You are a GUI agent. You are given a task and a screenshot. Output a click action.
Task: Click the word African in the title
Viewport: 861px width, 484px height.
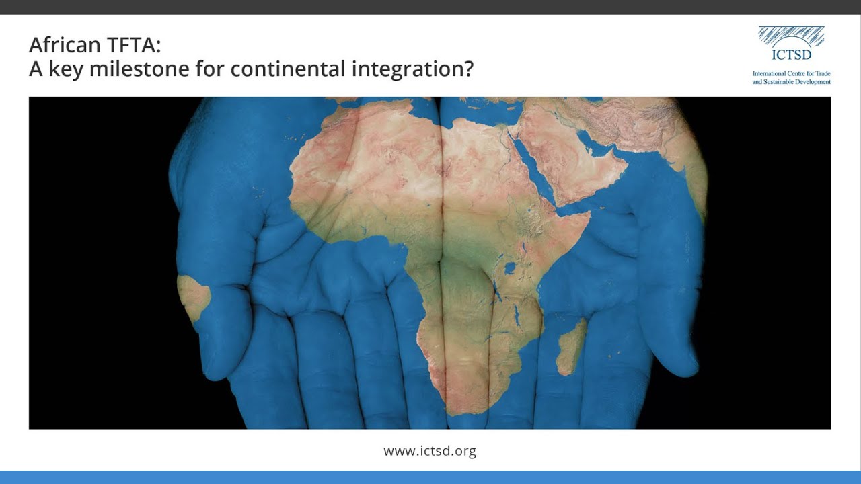pyautogui.click(x=63, y=46)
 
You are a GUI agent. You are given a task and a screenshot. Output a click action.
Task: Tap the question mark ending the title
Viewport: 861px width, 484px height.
pyautogui.click(x=468, y=69)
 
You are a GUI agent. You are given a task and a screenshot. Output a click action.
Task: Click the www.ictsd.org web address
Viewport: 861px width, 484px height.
pyautogui.click(x=430, y=451)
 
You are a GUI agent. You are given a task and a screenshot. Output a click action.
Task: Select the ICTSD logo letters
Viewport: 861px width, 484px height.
pyautogui.click(x=791, y=55)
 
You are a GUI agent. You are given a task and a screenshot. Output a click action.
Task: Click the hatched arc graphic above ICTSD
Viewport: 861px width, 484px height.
pyautogui.click(x=791, y=36)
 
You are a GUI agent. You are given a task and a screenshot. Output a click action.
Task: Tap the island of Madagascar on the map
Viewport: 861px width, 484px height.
pyautogui.click(x=572, y=346)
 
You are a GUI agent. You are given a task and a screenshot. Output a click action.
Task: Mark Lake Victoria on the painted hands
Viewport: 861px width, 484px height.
pyautogui.click(x=510, y=268)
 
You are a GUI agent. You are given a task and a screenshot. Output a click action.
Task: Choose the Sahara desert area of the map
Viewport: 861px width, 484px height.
pyautogui.click(x=377, y=161)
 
